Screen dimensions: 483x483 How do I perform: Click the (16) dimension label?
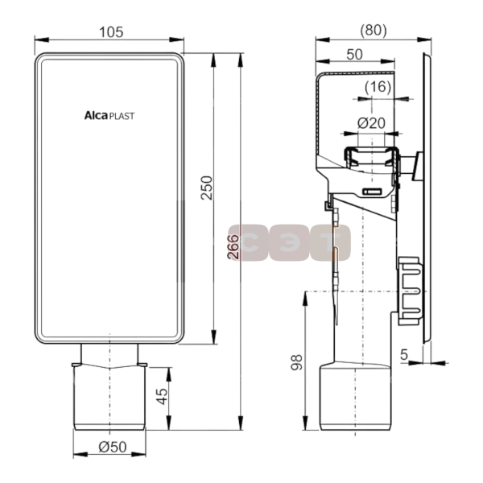[377, 86]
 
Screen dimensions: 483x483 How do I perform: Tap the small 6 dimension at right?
[405, 355]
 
